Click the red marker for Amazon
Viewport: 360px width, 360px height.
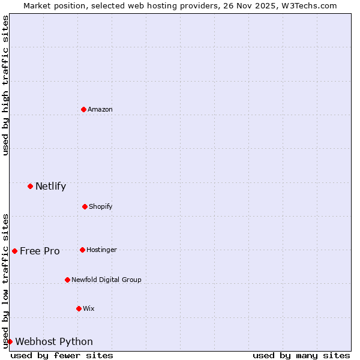[x=84, y=109]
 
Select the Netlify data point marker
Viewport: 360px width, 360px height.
[x=30, y=186]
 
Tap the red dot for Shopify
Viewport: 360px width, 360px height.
[x=85, y=206]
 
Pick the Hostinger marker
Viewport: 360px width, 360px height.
[x=82, y=250]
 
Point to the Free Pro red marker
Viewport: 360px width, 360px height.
[x=14, y=251]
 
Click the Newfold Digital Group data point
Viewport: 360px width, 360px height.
[x=67, y=280]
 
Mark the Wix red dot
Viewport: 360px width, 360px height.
[x=79, y=308]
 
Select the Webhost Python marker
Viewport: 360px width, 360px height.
[x=10, y=341]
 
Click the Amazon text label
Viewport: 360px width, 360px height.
[x=100, y=109]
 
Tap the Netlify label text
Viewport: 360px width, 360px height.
[x=50, y=186]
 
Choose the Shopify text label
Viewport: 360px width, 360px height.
[x=101, y=206]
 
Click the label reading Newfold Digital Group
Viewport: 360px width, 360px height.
[x=106, y=280]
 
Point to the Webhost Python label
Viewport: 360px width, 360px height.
[x=54, y=341]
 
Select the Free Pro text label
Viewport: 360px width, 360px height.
[x=40, y=251]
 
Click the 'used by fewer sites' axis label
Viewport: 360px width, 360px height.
[x=62, y=355]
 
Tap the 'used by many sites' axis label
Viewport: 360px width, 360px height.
[x=301, y=355]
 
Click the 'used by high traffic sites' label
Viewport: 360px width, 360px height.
[x=5, y=85]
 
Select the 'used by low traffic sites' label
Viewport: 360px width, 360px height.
[x=5, y=281]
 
